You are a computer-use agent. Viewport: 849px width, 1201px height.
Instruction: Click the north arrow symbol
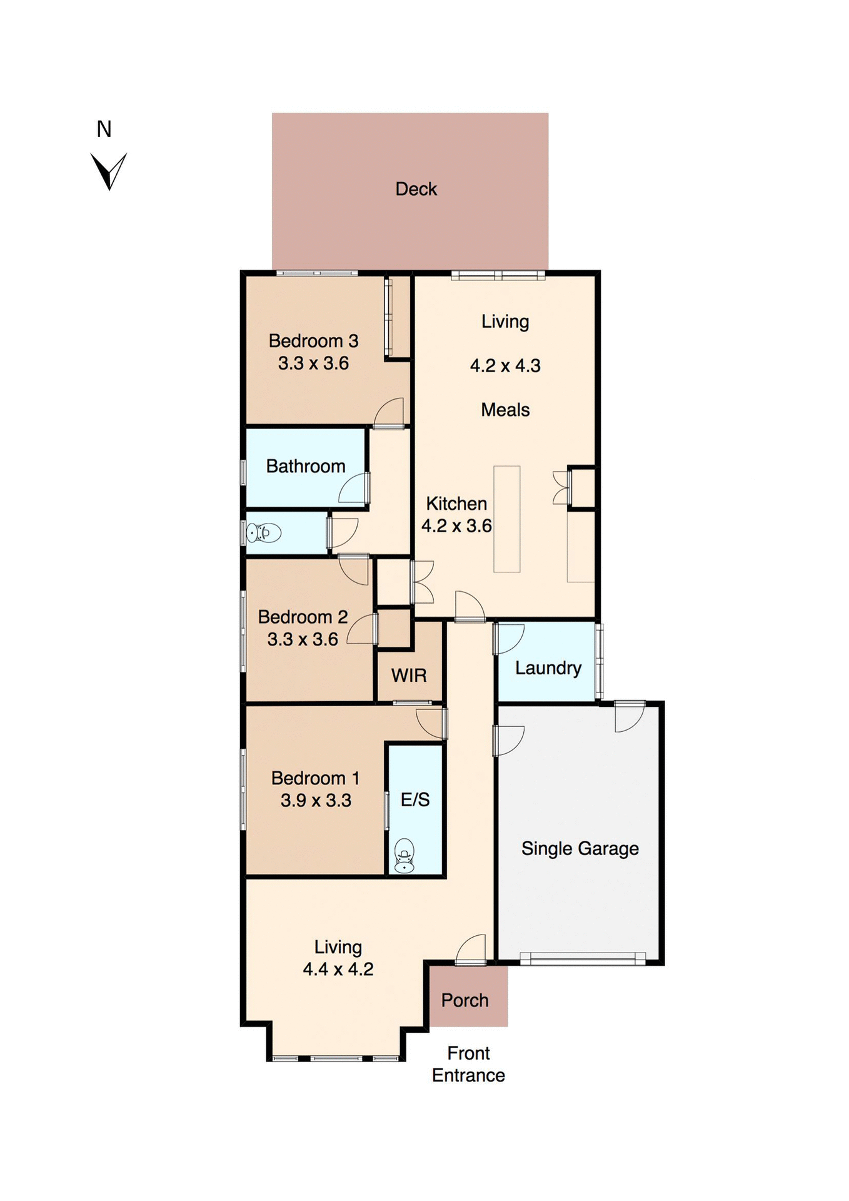109,171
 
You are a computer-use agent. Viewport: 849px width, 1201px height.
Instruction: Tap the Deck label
416,189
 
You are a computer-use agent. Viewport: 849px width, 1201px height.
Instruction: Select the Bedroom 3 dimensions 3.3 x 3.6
313,363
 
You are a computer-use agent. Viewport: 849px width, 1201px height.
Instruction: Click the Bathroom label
305,466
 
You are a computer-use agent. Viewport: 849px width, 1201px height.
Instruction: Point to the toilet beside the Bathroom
263,533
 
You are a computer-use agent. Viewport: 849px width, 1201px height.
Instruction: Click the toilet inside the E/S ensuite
404,856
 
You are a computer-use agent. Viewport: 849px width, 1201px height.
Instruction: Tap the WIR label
409,676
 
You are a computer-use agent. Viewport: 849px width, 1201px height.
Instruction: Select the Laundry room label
548,668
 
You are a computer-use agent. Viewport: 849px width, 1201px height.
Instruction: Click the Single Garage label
580,849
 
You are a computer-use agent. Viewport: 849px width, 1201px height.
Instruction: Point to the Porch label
465,1001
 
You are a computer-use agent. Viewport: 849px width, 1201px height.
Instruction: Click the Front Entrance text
468,1065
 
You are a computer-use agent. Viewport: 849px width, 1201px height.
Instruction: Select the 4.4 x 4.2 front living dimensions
338,970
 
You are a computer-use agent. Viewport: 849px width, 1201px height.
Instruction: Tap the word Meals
505,410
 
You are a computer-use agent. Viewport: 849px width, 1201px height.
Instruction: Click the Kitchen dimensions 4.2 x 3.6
456,526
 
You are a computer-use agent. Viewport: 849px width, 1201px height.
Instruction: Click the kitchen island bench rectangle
506,519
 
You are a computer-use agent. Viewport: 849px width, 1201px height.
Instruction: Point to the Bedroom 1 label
315,778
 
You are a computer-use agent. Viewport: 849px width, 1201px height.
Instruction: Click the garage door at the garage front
582,958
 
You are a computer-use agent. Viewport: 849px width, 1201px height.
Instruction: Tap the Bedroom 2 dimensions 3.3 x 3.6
303,640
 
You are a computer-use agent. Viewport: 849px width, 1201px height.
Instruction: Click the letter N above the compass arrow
104,129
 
